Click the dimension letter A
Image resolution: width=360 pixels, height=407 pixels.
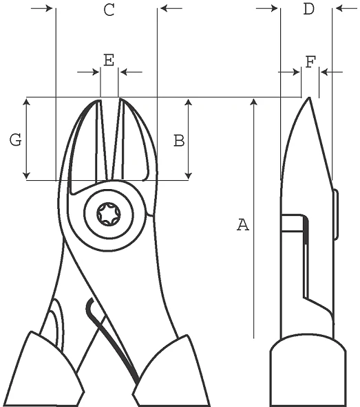243,225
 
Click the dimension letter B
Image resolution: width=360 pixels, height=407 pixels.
179,141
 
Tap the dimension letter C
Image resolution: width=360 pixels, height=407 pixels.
109,10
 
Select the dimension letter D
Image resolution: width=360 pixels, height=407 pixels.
309,9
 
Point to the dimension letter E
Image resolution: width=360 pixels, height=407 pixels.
109,60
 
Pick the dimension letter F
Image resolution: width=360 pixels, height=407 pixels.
310,62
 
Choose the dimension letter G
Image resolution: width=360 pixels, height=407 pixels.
16,140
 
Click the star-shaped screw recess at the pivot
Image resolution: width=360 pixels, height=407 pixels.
109,214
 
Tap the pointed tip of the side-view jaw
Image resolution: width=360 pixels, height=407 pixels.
309,98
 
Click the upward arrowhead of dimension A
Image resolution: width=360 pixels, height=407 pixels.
254,101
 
